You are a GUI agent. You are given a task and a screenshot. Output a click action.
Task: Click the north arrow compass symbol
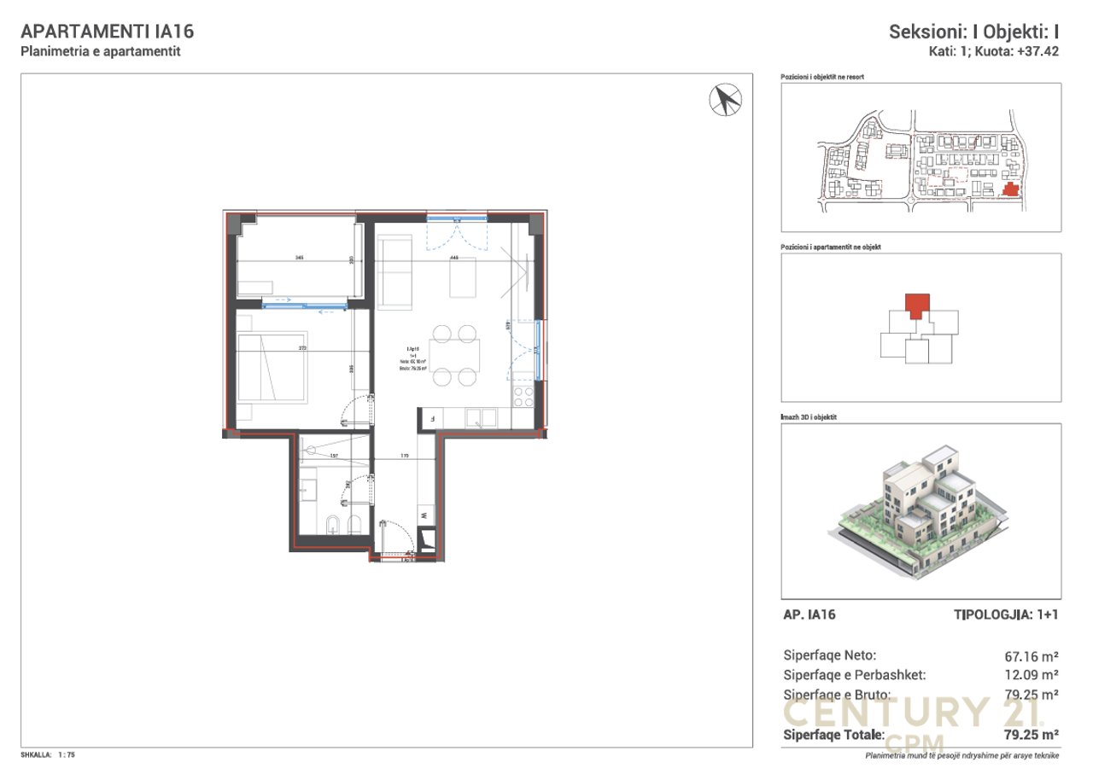point(725,100)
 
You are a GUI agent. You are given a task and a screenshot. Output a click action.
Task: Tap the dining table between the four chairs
point(453,355)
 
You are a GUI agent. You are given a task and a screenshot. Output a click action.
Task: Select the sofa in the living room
point(395,272)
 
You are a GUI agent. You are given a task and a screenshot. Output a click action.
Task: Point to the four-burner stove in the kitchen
point(522,397)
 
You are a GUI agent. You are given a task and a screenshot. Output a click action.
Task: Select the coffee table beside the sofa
point(464,277)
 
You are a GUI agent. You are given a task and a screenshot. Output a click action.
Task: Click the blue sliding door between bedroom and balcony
point(305,302)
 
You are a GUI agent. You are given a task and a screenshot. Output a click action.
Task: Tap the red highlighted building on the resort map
point(1010,189)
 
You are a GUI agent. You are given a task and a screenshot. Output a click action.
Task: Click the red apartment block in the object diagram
point(917,305)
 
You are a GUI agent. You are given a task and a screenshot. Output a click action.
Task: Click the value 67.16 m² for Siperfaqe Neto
point(1032,656)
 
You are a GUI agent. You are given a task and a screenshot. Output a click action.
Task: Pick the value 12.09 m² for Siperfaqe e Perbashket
point(1032,675)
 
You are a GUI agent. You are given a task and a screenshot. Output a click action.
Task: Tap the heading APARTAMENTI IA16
point(107,32)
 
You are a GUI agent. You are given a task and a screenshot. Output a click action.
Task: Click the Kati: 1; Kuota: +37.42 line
point(994,51)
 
